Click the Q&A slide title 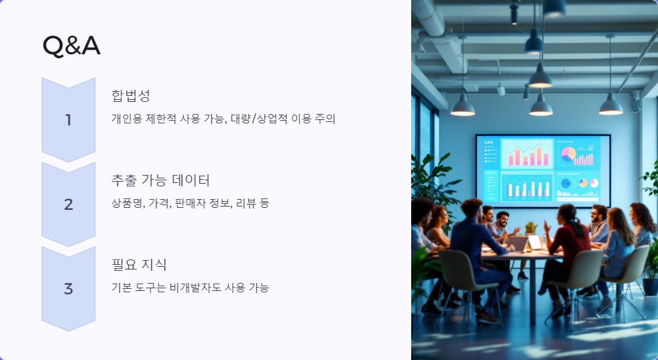point(71,46)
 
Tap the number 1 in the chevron point(68,120)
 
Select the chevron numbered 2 point(68,204)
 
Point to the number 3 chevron point(68,289)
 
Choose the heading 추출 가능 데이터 point(161,180)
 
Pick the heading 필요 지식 point(139,264)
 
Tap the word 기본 point(121,288)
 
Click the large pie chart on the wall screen point(567,155)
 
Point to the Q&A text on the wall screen point(488,143)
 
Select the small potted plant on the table point(531,229)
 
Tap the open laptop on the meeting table point(535,242)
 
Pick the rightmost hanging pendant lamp point(610,103)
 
